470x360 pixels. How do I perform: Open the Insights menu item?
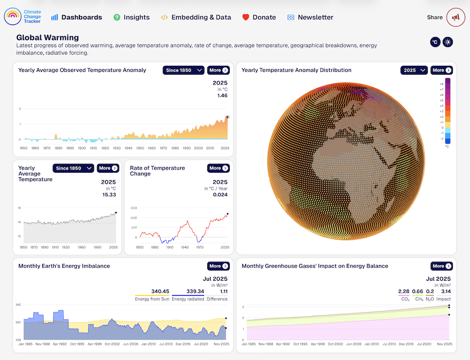132,17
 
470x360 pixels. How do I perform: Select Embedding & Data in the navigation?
196,17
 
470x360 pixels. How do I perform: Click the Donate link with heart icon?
259,17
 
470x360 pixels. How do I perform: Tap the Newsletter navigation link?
310,17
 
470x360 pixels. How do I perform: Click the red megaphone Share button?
455,17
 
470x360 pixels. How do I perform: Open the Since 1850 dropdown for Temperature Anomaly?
183,70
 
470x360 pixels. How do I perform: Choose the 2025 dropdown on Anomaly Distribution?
414,70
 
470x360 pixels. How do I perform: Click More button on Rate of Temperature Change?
218,168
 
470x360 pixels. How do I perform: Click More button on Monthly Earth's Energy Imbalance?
218,266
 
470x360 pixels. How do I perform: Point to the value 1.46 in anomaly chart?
222,95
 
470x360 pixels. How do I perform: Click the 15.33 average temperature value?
109,195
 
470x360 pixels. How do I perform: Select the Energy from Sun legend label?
152,299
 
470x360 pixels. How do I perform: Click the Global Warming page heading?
48,38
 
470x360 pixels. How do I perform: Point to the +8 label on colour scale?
441,84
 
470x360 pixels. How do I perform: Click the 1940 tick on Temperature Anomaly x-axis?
128,148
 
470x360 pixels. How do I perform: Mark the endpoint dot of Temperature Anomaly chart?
227,117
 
